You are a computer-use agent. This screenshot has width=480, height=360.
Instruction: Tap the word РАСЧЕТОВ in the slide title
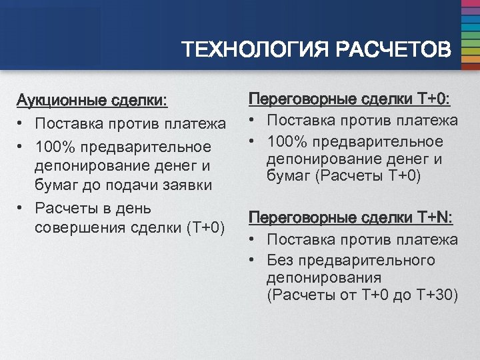[x=393, y=49]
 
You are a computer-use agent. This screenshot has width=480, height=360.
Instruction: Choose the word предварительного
[x=368, y=259]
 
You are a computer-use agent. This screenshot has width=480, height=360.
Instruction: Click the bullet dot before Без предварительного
[x=254, y=259]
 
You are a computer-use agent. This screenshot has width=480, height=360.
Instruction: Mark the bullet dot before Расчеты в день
[x=22, y=208]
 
